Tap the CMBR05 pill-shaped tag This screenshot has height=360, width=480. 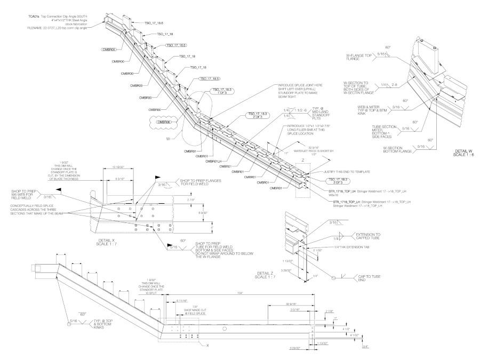pos(109,49)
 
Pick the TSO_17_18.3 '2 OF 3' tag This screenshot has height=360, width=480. pos(257,116)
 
